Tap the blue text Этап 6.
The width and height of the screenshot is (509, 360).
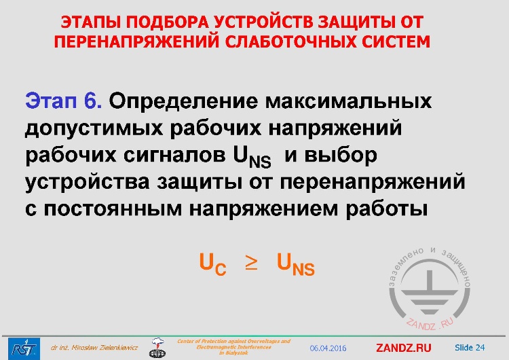64,101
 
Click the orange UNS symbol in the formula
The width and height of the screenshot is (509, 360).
296,264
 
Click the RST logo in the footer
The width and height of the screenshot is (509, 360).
20,346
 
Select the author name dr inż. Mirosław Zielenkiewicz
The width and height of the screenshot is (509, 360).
94,348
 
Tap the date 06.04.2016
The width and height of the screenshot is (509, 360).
328,348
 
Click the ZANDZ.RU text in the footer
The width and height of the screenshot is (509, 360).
403,348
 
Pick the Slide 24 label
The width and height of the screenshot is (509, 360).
470,347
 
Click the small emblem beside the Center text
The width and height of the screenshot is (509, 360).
157,347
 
